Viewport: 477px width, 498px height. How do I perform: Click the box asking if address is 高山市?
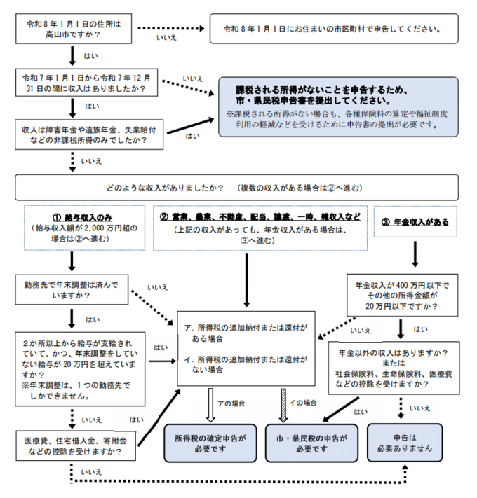click(73, 28)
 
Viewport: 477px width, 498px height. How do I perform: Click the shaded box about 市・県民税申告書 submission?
click(338, 107)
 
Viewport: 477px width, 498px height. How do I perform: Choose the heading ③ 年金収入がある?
click(415, 221)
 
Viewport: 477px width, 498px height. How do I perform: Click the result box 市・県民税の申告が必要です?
click(311, 443)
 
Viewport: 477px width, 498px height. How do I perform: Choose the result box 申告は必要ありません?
click(405, 443)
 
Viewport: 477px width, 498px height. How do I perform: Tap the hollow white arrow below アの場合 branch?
click(210, 403)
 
